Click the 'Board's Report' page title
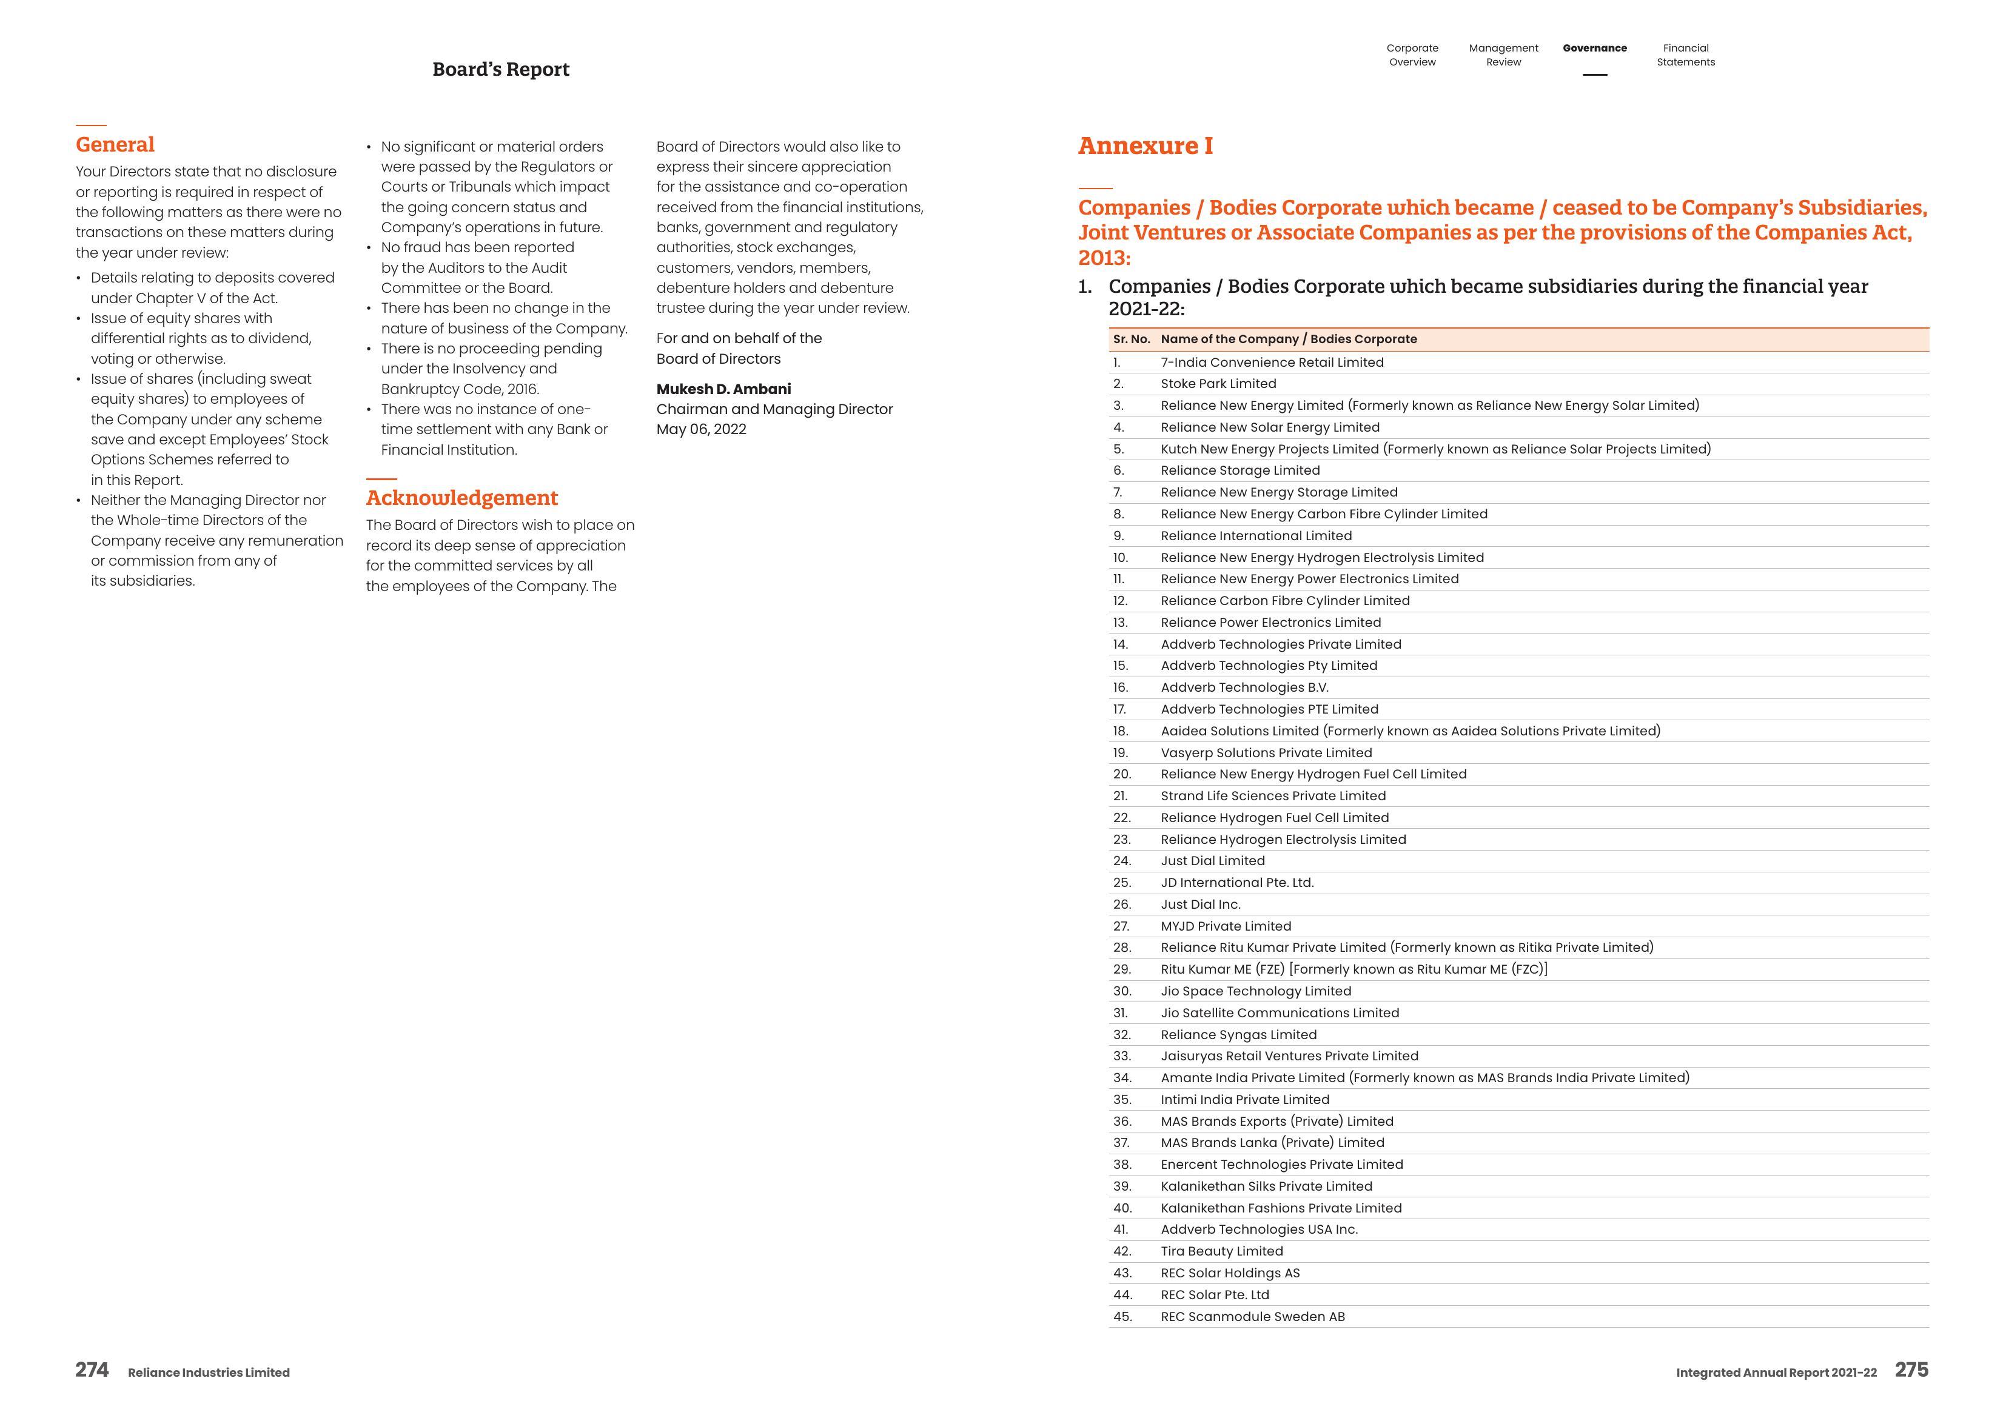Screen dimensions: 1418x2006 pyautogui.click(x=501, y=70)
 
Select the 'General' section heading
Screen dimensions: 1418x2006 pyautogui.click(x=115, y=145)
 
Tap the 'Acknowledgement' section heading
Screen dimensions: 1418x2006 pyautogui.click(x=461, y=498)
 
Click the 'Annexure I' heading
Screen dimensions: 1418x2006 pyautogui.click(x=1144, y=146)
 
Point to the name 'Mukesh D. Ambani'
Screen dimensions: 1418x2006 pyautogui.click(x=723, y=389)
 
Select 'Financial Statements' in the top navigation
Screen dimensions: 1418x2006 pyautogui.click(x=1685, y=55)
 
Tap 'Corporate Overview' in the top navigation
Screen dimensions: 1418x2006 pyautogui.click(x=1412, y=55)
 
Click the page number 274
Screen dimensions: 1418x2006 pyautogui.click(x=92, y=1370)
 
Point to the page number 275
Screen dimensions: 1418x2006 pyautogui.click(x=1911, y=1370)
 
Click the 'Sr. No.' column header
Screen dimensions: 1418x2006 pyautogui.click(x=1130, y=339)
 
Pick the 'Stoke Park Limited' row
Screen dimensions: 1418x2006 pyautogui.click(x=1218, y=384)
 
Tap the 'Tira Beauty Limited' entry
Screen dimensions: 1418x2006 pyautogui.click(x=1221, y=1251)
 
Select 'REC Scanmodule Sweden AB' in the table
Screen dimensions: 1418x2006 pyautogui.click(x=1252, y=1317)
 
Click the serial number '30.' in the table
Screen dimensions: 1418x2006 pyautogui.click(x=1122, y=991)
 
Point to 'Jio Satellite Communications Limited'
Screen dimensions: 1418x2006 pyautogui.click(x=1279, y=1012)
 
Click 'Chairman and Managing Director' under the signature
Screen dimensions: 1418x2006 pyautogui.click(x=774, y=409)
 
